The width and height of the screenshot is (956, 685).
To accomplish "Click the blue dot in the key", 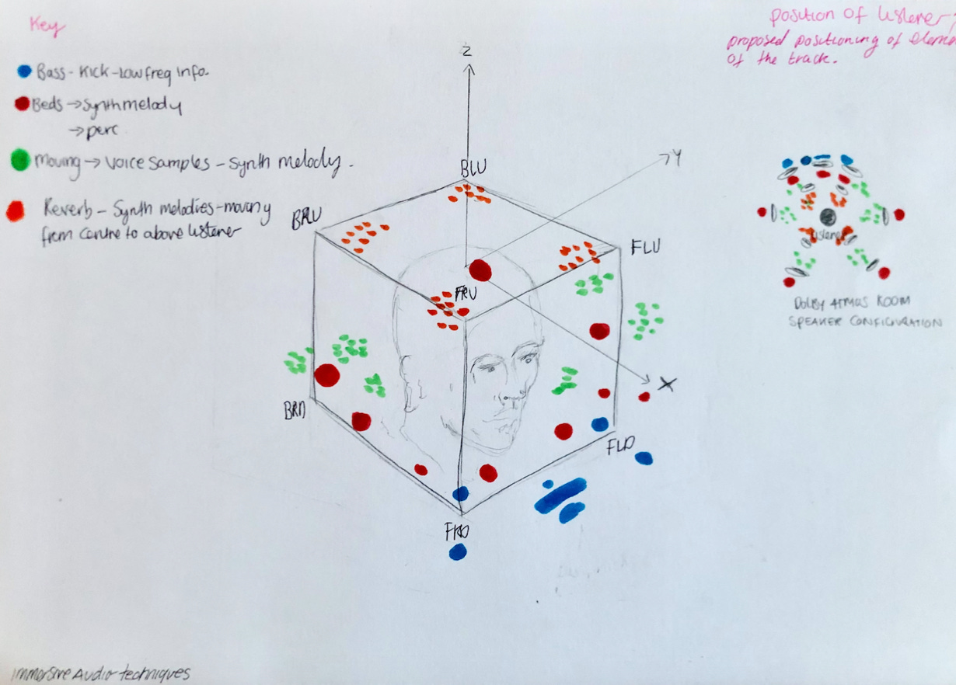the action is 24,71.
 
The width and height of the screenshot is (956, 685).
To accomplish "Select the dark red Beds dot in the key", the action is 22,103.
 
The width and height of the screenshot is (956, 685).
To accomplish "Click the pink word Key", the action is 47,28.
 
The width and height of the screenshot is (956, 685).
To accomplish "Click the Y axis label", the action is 676,158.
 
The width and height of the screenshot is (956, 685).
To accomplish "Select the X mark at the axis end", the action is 666,383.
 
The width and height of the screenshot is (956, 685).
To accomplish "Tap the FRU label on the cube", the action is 466,294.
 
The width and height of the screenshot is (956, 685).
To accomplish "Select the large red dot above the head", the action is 480,270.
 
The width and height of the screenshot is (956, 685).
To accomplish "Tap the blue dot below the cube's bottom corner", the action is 457,552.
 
